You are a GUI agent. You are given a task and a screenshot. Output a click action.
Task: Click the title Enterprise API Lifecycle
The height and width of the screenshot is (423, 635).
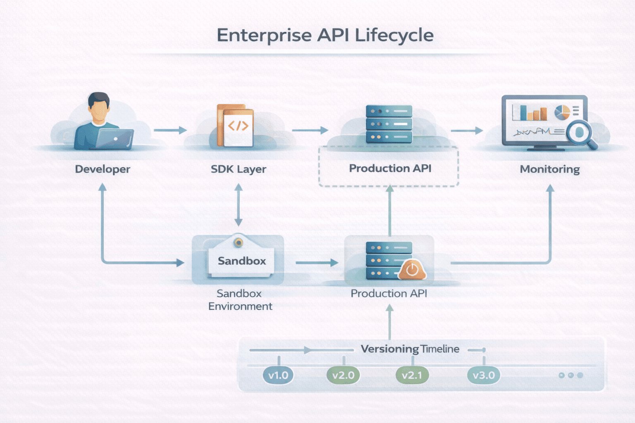tap(325, 35)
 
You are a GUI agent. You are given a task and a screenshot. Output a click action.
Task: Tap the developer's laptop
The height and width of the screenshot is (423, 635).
tap(115, 139)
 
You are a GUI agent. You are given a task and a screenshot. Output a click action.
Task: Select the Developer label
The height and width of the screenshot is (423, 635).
tap(103, 169)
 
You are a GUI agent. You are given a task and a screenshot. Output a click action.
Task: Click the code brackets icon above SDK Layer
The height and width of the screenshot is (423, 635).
tap(238, 126)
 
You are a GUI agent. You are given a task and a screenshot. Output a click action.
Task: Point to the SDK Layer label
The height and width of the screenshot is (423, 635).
tap(239, 169)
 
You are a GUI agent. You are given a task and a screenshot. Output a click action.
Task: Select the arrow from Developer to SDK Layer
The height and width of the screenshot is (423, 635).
tap(170, 130)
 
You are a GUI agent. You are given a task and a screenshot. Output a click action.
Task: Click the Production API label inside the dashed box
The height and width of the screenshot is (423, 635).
tap(390, 169)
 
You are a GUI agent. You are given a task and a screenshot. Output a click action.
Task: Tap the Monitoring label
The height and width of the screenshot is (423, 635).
tap(549, 169)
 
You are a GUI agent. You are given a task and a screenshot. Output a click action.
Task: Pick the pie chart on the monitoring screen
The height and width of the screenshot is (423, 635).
tap(562, 112)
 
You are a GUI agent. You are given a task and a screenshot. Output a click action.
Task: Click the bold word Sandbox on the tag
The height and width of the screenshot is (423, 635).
tap(242, 261)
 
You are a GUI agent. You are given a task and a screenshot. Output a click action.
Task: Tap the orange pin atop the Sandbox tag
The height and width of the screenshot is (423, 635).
tap(238, 242)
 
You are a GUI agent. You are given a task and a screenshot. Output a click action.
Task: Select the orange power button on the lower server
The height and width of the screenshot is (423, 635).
tap(412, 270)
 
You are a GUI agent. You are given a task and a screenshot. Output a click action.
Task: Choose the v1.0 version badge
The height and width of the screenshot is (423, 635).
tap(278, 375)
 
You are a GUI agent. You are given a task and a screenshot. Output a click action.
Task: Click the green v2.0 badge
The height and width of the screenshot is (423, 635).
tap(343, 375)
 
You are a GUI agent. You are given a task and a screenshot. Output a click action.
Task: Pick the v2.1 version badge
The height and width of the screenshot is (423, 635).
tap(412, 375)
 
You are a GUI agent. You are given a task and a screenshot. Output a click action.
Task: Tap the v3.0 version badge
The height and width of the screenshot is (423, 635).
tap(484, 375)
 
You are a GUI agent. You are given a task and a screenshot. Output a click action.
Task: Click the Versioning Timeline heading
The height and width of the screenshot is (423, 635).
tap(410, 349)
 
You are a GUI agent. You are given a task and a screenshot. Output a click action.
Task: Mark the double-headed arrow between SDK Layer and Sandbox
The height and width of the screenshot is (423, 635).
tap(239, 205)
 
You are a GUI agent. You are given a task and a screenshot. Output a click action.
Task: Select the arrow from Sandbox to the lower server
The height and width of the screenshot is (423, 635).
tap(317, 263)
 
